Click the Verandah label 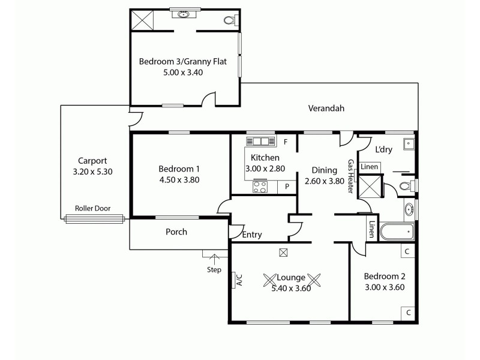point(326,109)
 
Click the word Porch point(176,232)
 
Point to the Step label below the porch point(214,269)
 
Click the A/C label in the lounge point(239,279)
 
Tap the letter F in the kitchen point(286,142)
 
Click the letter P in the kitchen point(287,187)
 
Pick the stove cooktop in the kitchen point(260,187)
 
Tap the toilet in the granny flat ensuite point(228,20)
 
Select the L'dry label point(383,149)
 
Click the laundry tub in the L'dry point(408,143)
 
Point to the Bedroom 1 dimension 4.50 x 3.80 point(179,179)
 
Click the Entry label point(252,235)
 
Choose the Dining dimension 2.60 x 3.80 point(325,181)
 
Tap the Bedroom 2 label point(385,277)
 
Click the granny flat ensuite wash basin point(180,14)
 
